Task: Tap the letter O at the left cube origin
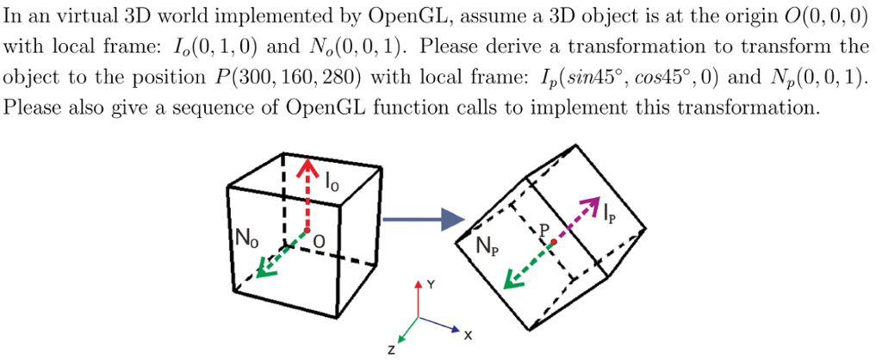[x=320, y=244]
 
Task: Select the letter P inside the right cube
[x=544, y=231]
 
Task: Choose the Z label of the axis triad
[x=392, y=350]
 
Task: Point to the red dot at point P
[x=554, y=242]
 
